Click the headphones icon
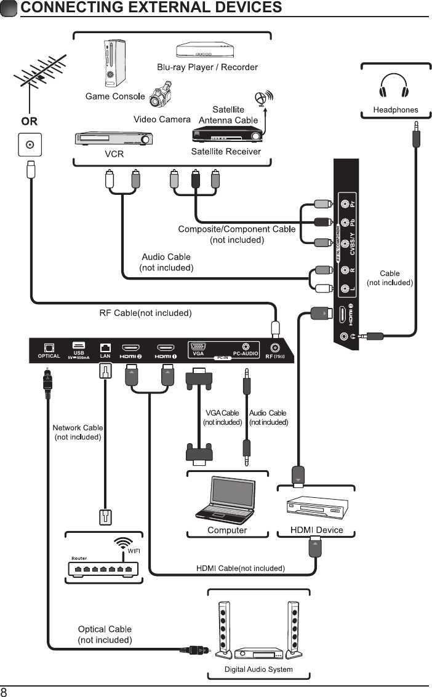[394, 87]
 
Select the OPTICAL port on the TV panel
[49, 347]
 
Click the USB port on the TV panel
[79, 345]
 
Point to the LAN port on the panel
[105, 347]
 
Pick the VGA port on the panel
[199, 346]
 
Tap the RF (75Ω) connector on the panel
[275, 347]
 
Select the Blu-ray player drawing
[203, 52]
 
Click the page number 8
[4, 691]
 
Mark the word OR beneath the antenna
[29, 122]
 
